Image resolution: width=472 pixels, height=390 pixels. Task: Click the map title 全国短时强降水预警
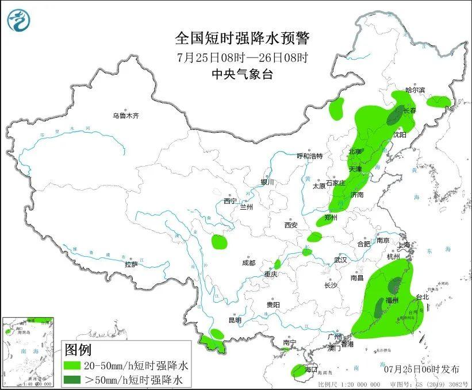click(x=242, y=38)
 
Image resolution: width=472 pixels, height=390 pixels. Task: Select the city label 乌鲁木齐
click(x=126, y=116)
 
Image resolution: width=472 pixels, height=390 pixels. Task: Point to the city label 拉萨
click(x=131, y=264)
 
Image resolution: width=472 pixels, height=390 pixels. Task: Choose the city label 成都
click(x=248, y=263)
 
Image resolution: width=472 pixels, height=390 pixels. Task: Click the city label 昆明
click(x=235, y=320)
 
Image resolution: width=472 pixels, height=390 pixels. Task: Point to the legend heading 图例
click(x=78, y=349)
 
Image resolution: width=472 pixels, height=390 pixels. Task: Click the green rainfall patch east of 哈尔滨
click(x=439, y=102)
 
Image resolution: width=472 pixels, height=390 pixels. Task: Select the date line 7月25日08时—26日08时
click(x=242, y=57)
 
